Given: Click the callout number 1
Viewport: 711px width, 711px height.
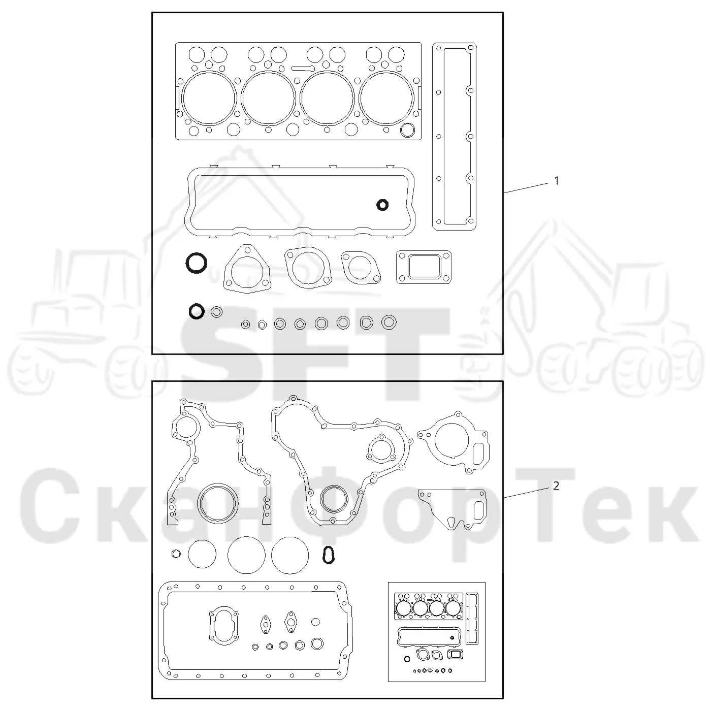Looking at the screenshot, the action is pos(557,181).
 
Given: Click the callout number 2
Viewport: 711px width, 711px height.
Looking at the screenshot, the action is pos(557,487).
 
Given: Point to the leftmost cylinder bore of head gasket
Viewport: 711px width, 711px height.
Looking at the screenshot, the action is pos(209,73).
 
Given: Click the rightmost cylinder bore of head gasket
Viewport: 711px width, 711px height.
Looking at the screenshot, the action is pos(386,73).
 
